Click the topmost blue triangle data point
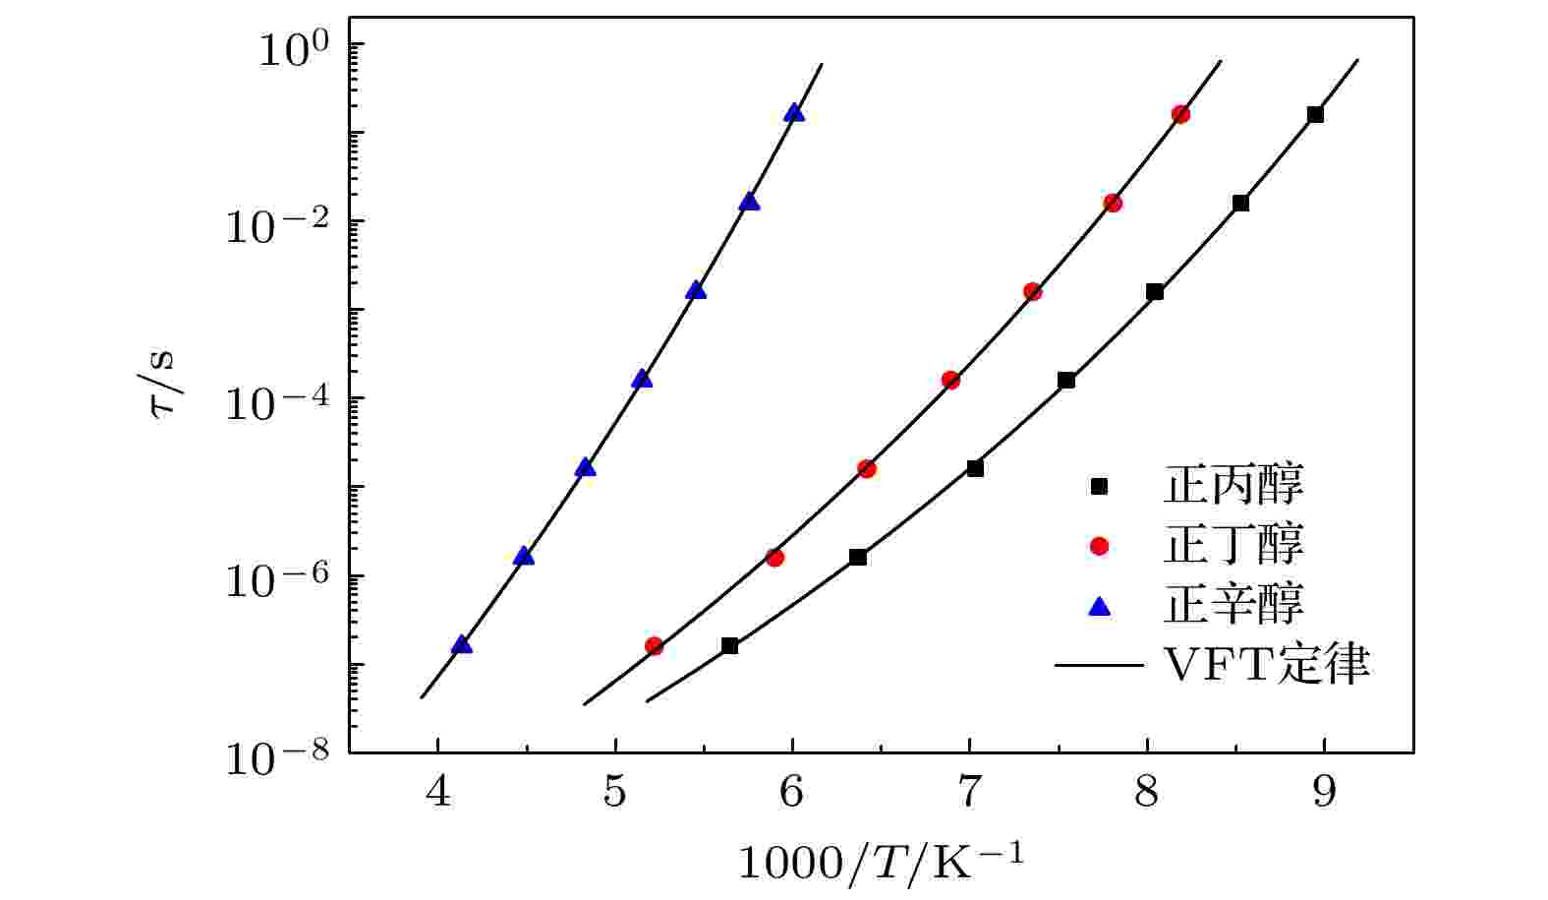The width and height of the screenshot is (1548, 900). coord(794,113)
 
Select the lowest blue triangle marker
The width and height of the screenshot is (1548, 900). coord(461,645)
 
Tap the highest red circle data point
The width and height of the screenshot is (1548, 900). coord(1180,114)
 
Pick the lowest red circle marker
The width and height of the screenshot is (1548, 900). coord(654,646)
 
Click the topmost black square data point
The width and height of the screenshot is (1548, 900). coord(1315,114)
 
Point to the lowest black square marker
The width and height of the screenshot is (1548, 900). coord(729,646)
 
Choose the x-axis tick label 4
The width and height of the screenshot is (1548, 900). coord(438,791)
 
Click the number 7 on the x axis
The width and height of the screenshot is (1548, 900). coord(970,791)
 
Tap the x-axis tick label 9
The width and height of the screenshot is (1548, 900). coord(1324,791)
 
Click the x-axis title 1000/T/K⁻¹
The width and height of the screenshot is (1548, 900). coord(881,862)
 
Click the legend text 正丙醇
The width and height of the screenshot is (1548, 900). coord(1233,486)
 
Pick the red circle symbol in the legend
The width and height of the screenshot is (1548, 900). coord(1099,546)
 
